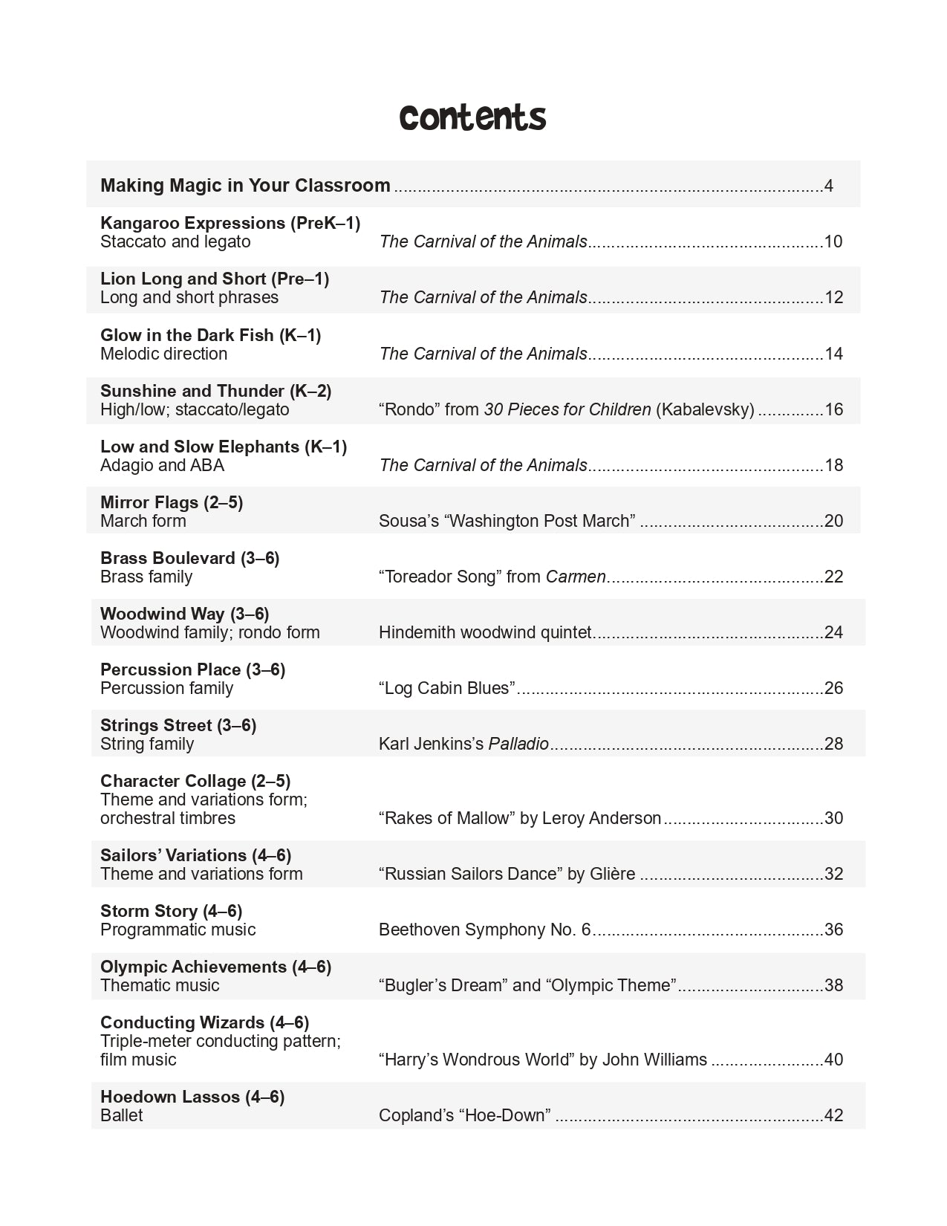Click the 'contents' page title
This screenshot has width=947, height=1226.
pyautogui.click(x=472, y=117)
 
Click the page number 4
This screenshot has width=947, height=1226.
pyautogui.click(x=828, y=186)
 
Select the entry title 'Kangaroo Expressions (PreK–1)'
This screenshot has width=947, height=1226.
pyautogui.click(x=230, y=223)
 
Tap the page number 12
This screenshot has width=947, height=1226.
pyautogui.click(x=833, y=297)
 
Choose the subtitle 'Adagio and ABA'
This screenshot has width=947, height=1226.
pyautogui.click(x=162, y=465)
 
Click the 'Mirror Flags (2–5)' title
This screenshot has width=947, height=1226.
pyautogui.click(x=172, y=502)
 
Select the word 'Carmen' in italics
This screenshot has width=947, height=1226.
pyautogui.click(x=575, y=577)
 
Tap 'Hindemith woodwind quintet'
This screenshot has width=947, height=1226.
pyautogui.click(x=485, y=632)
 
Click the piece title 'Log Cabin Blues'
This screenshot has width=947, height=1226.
pyautogui.click(x=447, y=688)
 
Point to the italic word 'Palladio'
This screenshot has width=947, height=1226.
pyautogui.click(x=518, y=744)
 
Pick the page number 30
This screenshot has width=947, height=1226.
pyautogui.click(x=833, y=818)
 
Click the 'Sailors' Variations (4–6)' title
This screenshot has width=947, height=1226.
pyautogui.click(x=195, y=855)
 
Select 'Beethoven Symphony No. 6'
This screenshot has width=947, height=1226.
pyautogui.click(x=484, y=930)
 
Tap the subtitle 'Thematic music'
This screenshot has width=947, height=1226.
pyautogui.click(x=160, y=985)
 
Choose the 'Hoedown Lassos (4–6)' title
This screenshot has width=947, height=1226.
pyautogui.click(x=192, y=1097)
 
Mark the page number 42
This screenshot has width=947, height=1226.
pyautogui.click(x=833, y=1115)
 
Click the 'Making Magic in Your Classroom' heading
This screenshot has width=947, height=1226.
pyautogui.click(x=245, y=185)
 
